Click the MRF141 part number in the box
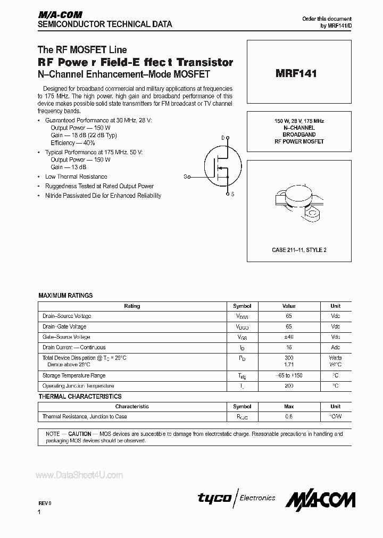(x=296, y=74)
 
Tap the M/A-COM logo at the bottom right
(x=320, y=499)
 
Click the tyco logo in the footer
(x=214, y=498)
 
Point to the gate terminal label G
(x=186, y=176)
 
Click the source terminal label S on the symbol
(x=232, y=195)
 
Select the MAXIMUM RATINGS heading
(x=65, y=296)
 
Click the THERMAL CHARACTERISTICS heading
(x=80, y=396)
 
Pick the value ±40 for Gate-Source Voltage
(x=288, y=337)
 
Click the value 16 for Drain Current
(x=288, y=347)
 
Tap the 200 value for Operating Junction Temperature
(x=288, y=386)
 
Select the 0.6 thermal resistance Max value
(x=288, y=417)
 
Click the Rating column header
(x=132, y=306)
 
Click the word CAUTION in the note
(x=79, y=434)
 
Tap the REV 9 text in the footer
(x=45, y=501)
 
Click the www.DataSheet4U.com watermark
(x=79, y=475)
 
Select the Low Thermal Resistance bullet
(x=76, y=176)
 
